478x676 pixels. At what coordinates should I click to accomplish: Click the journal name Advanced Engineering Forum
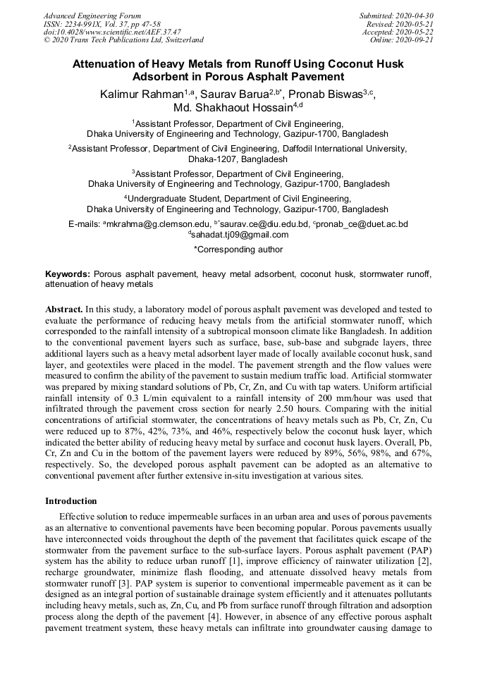92,16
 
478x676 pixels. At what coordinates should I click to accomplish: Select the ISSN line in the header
102,24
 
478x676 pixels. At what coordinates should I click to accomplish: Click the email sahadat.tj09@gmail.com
240,235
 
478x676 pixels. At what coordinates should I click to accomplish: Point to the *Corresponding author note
238,250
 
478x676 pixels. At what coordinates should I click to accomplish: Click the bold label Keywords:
68,274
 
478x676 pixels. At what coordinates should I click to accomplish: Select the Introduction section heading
71,501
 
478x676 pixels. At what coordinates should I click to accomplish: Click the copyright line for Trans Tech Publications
123,40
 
